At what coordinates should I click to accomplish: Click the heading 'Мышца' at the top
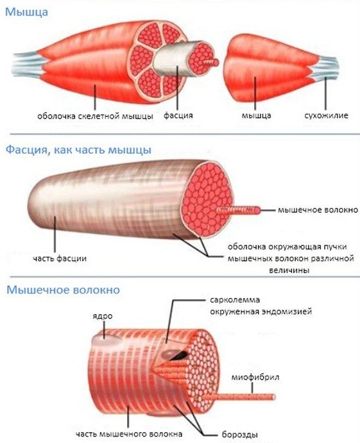(27, 12)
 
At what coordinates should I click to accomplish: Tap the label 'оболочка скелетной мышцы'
(96, 116)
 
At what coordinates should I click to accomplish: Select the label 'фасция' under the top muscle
(178, 115)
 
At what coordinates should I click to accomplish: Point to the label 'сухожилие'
(326, 115)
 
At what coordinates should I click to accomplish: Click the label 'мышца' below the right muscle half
(256, 116)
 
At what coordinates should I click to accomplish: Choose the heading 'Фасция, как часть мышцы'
(79, 150)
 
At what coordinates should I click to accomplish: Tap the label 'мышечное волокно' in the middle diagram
(318, 210)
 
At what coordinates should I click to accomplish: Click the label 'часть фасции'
(60, 258)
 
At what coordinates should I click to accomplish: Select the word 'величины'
(289, 271)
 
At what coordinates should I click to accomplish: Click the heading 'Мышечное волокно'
(63, 290)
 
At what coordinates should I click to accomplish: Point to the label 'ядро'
(103, 317)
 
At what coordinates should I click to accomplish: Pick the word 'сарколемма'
(235, 300)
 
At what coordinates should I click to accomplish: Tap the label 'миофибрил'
(255, 377)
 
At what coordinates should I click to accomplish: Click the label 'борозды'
(240, 435)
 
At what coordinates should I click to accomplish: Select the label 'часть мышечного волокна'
(129, 433)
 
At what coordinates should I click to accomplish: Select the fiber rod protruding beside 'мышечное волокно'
(239, 210)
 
